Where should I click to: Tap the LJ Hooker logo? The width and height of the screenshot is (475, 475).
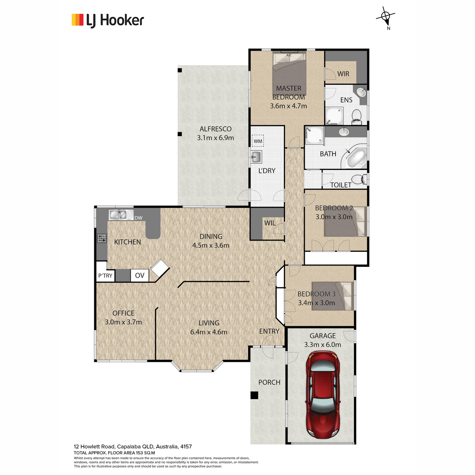pyautogui.click(x=108, y=20)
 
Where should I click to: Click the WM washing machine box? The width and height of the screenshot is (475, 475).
pyautogui.click(x=258, y=141)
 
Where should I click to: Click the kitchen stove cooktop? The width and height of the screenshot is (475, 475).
pyautogui.click(x=102, y=238)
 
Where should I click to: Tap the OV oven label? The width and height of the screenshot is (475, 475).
pyautogui.click(x=139, y=275)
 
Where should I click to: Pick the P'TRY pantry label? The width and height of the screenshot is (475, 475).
pyautogui.click(x=105, y=275)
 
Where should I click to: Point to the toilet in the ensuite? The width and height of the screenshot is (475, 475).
pyautogui.click(x=356, y=117)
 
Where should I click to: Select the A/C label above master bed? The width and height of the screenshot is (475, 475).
pyautogui.click(x=289, y=55)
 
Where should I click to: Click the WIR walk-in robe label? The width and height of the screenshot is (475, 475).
pyautogui.click(x=343, y=74)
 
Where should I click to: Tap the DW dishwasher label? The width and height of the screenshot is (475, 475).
pyautogui.click(x=139, y=218)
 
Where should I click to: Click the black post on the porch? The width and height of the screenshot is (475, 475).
pyautogui.click(x=255, y=395)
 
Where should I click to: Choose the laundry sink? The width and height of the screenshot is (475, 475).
pyautogui.click(x=256, y=157)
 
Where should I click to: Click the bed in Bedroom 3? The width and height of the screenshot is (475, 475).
pyautogui.click(x=332, y=296)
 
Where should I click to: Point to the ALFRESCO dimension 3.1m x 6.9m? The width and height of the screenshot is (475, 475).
pyautogui.click(x=215, y=138)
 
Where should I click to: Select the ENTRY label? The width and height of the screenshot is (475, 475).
pyautogui.click(x=269, y=331)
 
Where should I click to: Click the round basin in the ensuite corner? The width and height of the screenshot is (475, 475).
pyautogui.click(x=362, y=93)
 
